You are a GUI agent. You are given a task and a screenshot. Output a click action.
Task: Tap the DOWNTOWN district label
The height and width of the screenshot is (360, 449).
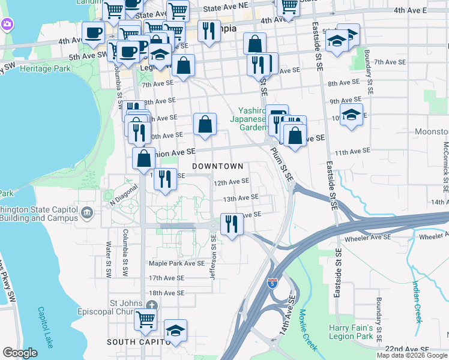pos(217,166)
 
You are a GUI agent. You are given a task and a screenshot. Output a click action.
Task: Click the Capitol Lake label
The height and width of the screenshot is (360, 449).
pos(46,328)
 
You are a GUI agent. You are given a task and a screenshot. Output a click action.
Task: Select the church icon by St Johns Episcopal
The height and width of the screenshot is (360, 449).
pos(152,305)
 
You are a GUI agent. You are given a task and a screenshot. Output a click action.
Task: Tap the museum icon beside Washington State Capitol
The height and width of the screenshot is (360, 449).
pos(87,211)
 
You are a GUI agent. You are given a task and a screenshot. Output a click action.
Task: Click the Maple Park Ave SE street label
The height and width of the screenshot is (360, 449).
pos(177,263)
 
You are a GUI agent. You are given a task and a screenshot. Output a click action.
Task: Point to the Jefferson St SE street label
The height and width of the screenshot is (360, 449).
pos(213,257)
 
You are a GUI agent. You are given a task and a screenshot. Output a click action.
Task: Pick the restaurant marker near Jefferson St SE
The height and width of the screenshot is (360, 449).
pos(231,224)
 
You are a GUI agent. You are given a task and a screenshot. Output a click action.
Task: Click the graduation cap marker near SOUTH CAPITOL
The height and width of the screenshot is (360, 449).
pos(175,330)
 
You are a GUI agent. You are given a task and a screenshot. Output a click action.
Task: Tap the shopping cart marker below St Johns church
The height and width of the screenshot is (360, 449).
pos(145,320)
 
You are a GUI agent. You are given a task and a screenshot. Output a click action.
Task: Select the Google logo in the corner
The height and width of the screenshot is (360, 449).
pos(20,353)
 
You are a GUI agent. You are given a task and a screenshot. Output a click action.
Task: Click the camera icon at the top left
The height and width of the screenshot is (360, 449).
pos(8,24)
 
